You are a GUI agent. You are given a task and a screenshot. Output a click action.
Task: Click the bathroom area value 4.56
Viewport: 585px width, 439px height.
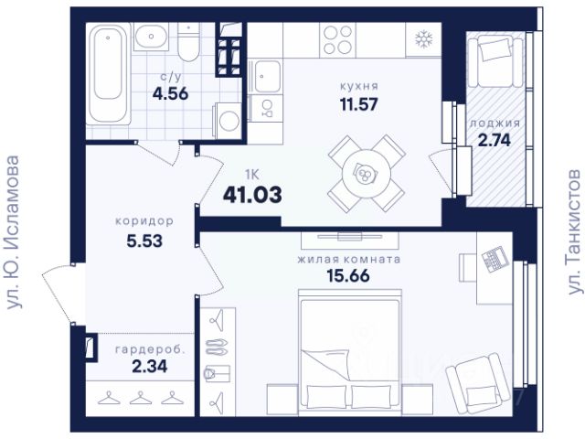pyautogui.click(x=171, y=93)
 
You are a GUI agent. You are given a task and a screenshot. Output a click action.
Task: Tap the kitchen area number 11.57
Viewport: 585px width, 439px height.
pyautogui.click(x=358, y=104)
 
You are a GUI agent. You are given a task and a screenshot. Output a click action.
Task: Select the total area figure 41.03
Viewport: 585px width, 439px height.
pyautogui.click(x=252, y=195)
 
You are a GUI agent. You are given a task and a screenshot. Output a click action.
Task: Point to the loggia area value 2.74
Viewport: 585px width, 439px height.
pyautogui.click(x=495, y=140)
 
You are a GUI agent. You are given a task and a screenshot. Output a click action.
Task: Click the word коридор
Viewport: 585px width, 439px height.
pyautogui.click(x=144, y=221)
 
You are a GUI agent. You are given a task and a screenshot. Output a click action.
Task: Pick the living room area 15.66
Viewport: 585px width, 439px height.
pyautogui.click(x=348, y=275)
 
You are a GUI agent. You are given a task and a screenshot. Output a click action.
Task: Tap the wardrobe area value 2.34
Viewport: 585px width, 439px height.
pyautogui.click(x=150, y=366)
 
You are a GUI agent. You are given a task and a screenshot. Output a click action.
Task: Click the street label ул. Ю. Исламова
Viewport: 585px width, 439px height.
pyautogui.click(x=14, y=232)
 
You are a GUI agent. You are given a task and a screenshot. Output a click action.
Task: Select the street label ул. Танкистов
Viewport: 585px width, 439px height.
pyautogui.click(x=576, y=232)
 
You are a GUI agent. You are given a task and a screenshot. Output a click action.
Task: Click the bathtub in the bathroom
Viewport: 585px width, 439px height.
pyautogui.click(x=109, y=73)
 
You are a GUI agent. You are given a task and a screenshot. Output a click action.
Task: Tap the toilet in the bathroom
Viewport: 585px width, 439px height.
pyautogui.click(x=188, y=41)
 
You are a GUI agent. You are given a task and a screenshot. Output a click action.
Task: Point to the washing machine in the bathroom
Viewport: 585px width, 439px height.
pyautogui.click(x=228, y=121)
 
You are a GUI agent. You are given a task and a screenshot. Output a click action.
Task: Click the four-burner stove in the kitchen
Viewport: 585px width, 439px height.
pyautogui.click(x=337, y=39)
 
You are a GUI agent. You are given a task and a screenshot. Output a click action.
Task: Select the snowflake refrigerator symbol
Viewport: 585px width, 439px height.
pyautogui.click(x=424, y=39)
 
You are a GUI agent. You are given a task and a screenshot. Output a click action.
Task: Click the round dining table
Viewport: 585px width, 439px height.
pyautogui.click(x=367, y=173)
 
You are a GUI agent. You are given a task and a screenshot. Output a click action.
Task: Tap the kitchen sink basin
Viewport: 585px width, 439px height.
pyautogui.click(x=266, y=77)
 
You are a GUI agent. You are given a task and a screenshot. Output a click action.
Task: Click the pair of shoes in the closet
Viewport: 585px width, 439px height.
pyautogui.click(x=217, y=346)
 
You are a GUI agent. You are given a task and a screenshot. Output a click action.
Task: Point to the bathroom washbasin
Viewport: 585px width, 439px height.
pyautogui.click(x=151, y=36)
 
